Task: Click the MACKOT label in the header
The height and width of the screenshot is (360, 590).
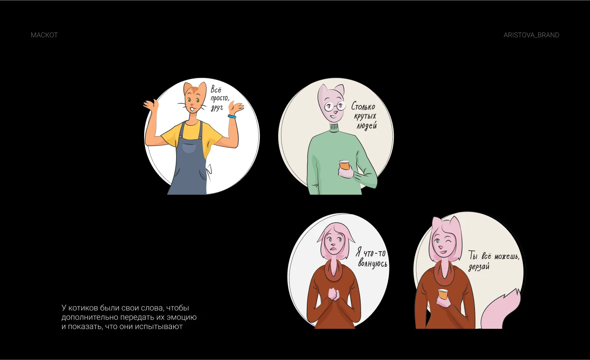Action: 44,35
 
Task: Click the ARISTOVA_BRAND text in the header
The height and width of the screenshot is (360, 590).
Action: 531,35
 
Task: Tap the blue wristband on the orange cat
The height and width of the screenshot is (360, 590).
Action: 232,116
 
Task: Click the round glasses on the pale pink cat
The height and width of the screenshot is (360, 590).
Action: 335,107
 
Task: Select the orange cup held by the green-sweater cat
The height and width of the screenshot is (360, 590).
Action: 344,165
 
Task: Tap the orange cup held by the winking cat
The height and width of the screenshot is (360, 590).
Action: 442,294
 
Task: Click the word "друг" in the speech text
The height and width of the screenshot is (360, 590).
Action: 217,108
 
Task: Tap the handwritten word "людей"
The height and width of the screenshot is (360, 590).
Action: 367,126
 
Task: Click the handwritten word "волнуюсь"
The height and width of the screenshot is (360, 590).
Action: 373,263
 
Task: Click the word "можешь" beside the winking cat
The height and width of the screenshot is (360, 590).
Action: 507,256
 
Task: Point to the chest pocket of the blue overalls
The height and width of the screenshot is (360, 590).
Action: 189,148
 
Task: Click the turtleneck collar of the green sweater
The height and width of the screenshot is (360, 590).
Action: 334,127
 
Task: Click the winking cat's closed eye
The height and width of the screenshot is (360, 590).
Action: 453,242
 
